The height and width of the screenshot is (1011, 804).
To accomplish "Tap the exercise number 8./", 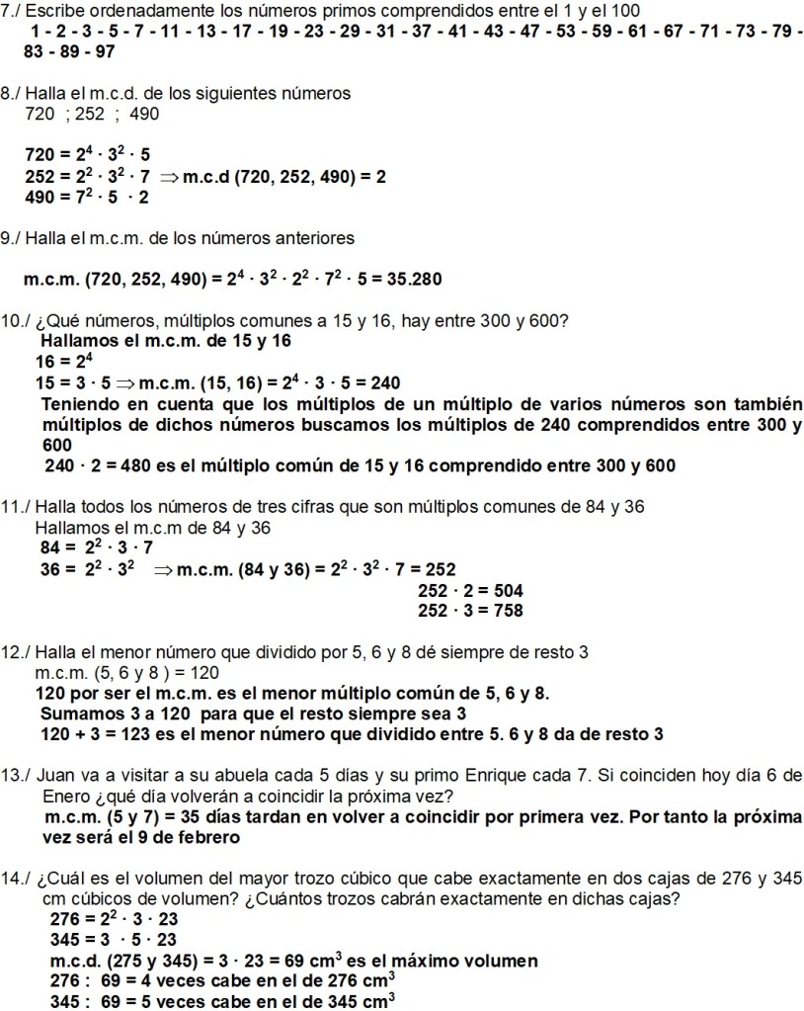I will (x=13, y=93).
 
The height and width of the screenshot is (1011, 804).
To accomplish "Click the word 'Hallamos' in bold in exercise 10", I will (x=83, y=340).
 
